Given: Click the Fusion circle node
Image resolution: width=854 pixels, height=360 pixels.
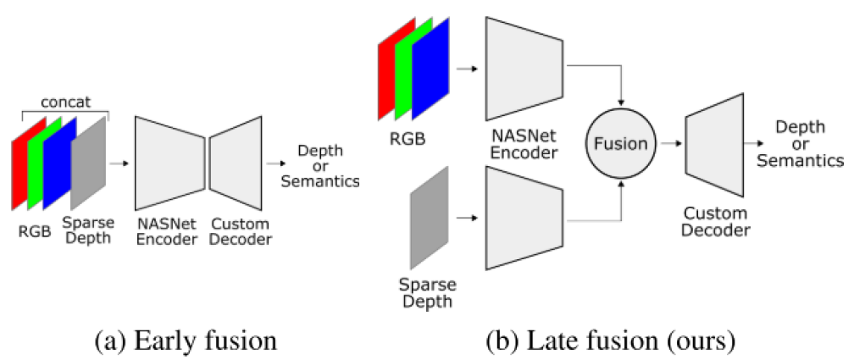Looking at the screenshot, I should [x=621, y=145].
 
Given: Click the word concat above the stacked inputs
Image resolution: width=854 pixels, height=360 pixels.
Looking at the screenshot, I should [x=64, y=102].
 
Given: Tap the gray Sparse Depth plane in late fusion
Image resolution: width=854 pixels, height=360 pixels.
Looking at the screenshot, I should [x=428, y=219].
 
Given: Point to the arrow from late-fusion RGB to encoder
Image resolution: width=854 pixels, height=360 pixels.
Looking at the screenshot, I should [x=463, y=69].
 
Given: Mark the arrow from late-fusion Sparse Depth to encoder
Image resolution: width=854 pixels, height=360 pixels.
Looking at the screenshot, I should [x=464, y=219].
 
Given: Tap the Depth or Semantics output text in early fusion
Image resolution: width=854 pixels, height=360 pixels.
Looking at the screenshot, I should [x=319, y=165].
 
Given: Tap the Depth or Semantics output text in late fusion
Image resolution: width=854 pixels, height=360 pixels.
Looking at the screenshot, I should [x=800, y=144].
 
